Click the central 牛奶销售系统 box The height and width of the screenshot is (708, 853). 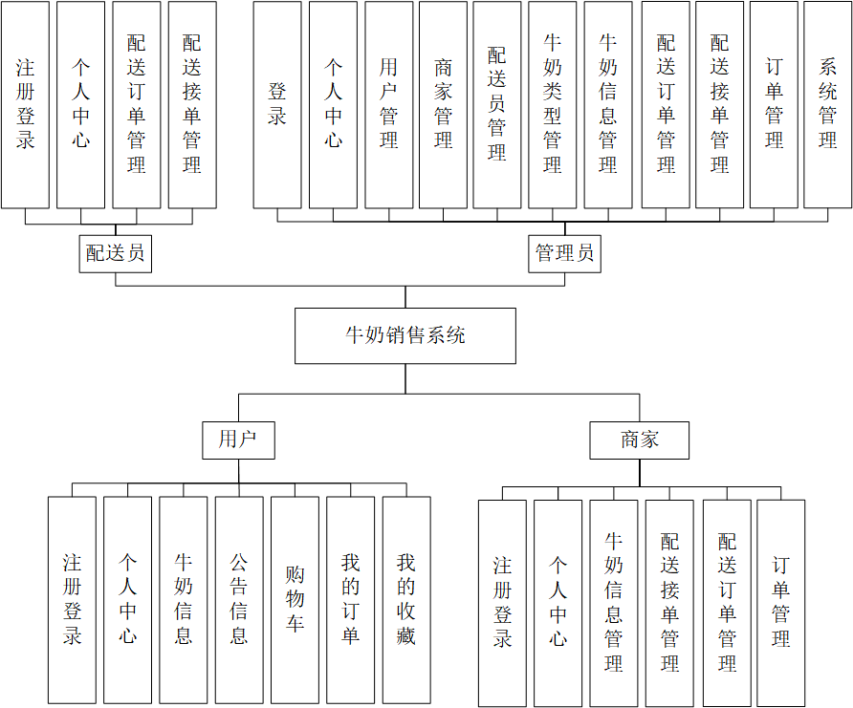[405, 335]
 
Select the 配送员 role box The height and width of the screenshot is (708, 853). [115, 253]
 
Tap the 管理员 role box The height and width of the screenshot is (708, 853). [564, 253]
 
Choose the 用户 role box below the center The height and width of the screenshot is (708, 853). [238, 440]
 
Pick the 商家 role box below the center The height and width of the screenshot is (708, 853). [640, 440]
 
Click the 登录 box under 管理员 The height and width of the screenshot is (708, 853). [277, 104]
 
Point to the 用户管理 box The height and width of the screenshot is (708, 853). [388, 104]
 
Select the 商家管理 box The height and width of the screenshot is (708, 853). [443, 104]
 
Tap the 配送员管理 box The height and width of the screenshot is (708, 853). [497, 104]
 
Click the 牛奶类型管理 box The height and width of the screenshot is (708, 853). [553, 104]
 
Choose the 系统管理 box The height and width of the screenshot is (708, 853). [827, 104]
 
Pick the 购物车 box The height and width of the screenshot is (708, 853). [295, 599]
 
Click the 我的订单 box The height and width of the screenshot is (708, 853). [350, 599]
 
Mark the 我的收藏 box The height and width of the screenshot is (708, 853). [406, 599]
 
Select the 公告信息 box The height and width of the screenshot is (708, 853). [239, 599]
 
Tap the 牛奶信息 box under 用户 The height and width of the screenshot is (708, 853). [183, 599]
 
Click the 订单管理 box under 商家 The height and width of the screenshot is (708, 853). [780, 602]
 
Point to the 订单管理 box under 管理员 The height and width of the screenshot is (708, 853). [774, 104]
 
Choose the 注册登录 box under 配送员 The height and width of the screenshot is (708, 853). [25, 104]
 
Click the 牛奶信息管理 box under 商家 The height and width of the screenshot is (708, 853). [613, 602]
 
